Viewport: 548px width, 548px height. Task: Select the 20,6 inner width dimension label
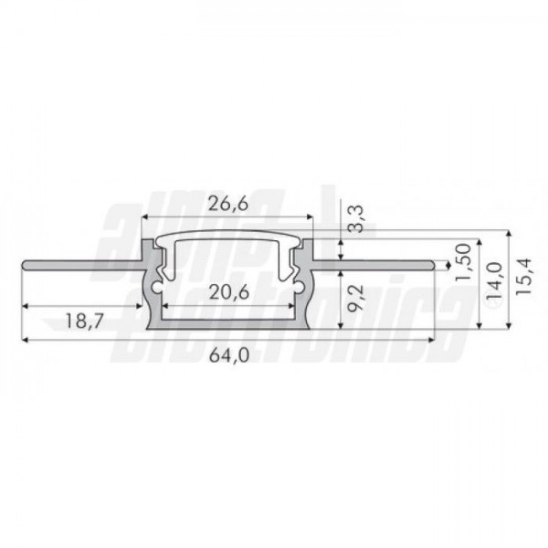[x=229, y=292]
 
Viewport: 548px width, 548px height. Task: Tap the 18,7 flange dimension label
[x=85, y=321]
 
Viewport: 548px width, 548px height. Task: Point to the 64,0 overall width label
[x=229, y=356]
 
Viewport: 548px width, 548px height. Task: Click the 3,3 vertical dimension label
[x=357, y=219]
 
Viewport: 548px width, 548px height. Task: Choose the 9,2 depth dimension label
[x=357, y=298]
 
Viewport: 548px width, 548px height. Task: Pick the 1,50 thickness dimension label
[x=464, y=262]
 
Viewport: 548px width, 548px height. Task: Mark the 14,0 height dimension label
[x=494, y=279]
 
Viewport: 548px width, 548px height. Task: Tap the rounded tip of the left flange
[x=24, y=265]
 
